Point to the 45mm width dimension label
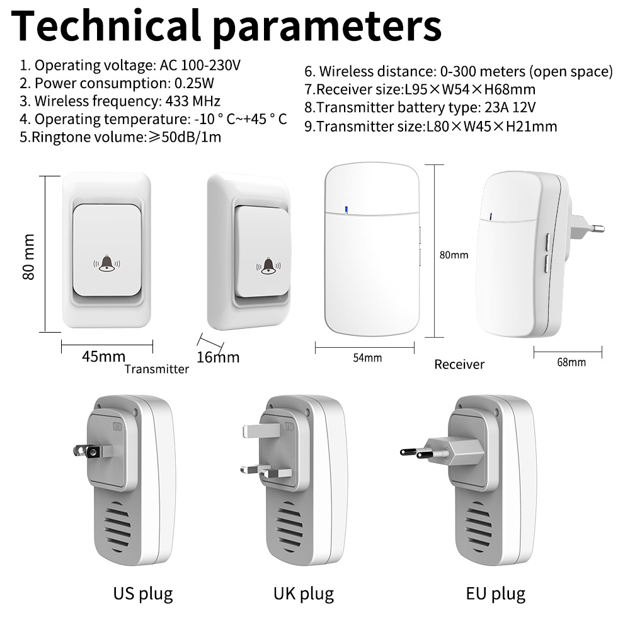coord(103,356)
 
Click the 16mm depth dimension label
coord(218,357)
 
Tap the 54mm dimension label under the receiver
coord(367,358)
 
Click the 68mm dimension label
coord(571,362)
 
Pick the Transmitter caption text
coord(156,369)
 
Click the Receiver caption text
coord(459,364)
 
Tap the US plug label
coord(143,593)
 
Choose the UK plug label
coord(303,593)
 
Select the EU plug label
coord(495,593)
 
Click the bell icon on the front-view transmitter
coord(107,264)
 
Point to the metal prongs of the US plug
coord(84,450)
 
